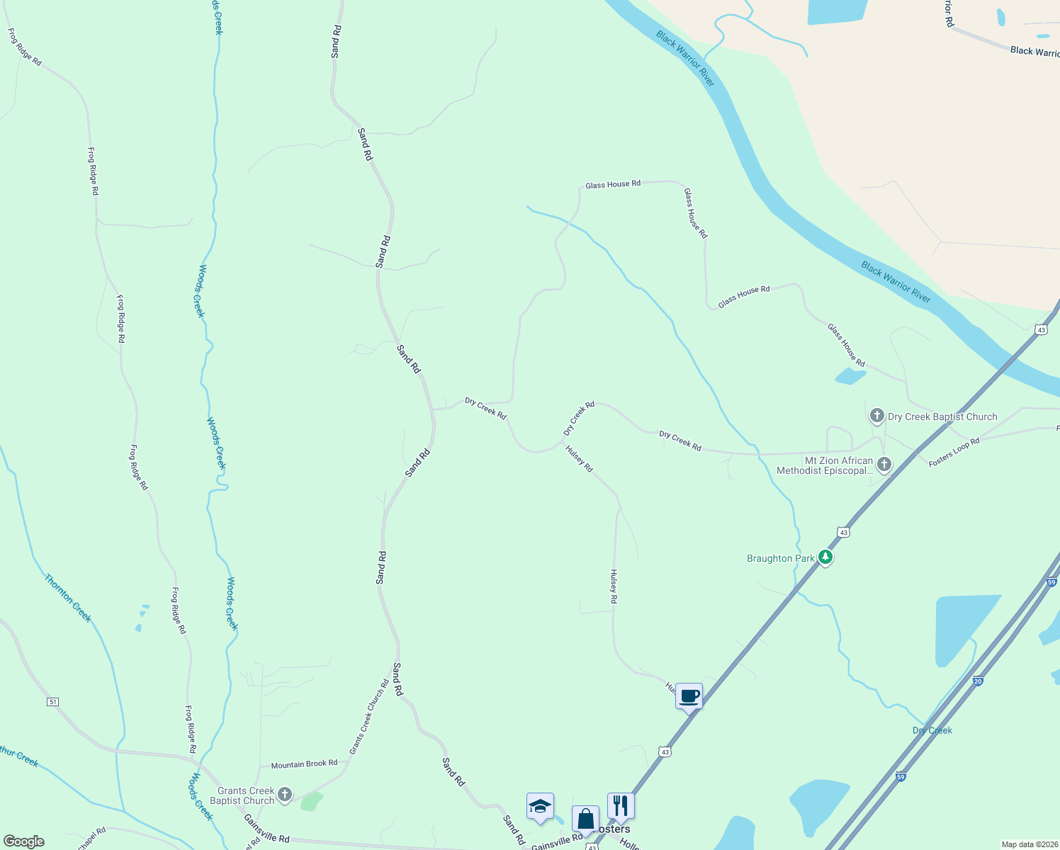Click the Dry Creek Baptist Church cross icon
pos(877,416)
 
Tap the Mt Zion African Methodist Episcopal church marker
pos(884,465)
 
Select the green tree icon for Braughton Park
pos(825,557)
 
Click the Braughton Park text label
pos(780,558)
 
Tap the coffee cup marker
pos(689,697)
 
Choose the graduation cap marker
pos(540,807)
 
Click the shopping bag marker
pos(585,820)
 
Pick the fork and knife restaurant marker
pos(620,806)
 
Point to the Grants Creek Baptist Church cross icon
pos(285,795)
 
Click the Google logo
pos(24,841)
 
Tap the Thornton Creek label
pos(68,598)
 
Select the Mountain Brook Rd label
pos(304,764)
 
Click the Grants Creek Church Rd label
pos(369,717)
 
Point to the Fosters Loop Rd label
pos(954,452)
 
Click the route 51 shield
pos(52,701)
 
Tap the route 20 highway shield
pos(978,681)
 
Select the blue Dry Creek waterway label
pos(932,730)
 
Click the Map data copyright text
pos(1028,844)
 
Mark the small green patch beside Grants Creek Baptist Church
pos(311,802)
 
